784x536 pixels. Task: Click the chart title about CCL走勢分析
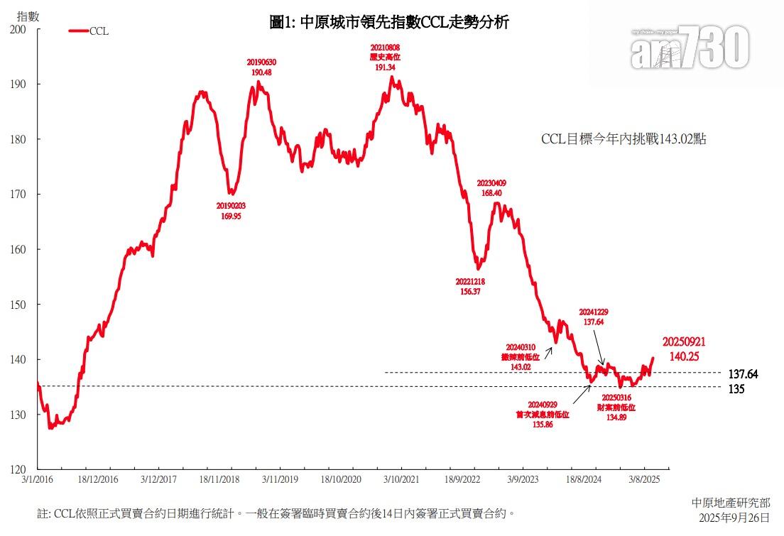click(x=389, y=22)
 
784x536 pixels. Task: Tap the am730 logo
click(x=690, y=47)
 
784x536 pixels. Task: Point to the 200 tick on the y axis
click(x=18, y=29)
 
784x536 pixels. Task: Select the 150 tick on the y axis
click(x=18, y=305)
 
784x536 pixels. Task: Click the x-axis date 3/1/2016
click(x=38, y=479)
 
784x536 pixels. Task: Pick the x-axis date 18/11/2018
click(x=220, y=479)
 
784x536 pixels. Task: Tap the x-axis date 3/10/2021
click(x=402, y=479)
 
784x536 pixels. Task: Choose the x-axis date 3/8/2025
click(x=645, y=479)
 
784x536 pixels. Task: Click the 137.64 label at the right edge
click(x=744, y=373)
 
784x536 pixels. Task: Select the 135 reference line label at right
click(x=736, y=389)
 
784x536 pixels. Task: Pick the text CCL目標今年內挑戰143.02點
click(x=624, y=140)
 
